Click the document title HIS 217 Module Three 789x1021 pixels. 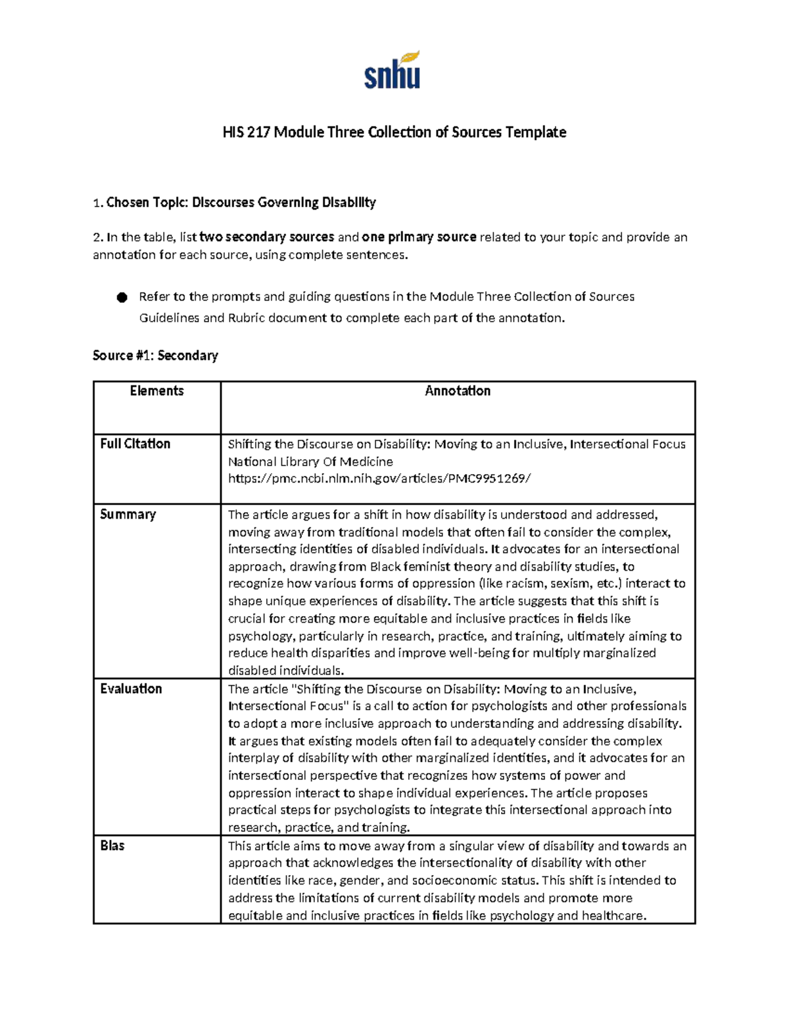(x=394, y=132)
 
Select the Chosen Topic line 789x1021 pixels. (x=235, y=202)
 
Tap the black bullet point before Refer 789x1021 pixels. (x=121, y=298)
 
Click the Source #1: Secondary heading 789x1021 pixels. (x=155, y=356)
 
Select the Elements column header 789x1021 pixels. (x=156, y=391)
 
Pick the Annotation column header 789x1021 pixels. (x=458, y=391)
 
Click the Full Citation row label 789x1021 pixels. (x=135, y=444)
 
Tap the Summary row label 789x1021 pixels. (x=128, y=514)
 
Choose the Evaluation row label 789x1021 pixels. (x=131, y=688)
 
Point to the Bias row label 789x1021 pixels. (x=112, y=845)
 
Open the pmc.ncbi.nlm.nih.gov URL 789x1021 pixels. (x=378, y=479)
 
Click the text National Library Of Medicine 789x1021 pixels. (x=310, y=462)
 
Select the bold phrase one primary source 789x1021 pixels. (x=419, y=237)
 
